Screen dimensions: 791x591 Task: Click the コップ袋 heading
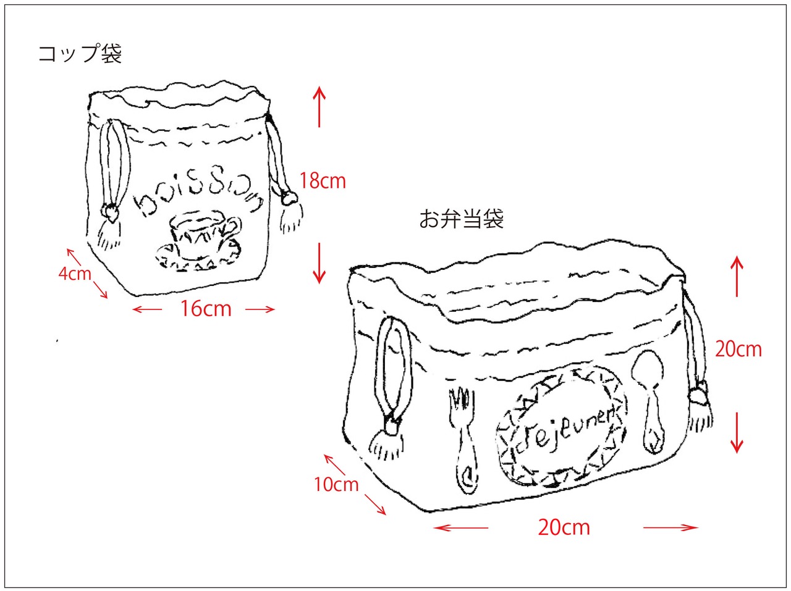click(80, 54)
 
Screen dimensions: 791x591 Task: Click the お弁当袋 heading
click(461, 219)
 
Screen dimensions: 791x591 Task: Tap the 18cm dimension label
click(323, 181)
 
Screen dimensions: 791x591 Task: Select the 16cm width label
click(206, 308)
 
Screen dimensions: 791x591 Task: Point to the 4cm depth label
click(75, 273)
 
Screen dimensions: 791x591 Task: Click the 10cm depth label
click(336, 484)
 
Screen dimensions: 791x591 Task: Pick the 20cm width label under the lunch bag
click(564, 527)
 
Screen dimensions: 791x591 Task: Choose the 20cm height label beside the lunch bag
click(738, 350)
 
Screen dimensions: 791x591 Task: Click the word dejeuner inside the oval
click(562, 429)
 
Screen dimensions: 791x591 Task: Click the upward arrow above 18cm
click(319, 106)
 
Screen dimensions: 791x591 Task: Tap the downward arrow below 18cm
click(319, 262)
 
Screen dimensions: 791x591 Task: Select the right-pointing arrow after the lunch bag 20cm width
click(670, 527)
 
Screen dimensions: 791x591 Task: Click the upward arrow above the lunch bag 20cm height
click(737, 276)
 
